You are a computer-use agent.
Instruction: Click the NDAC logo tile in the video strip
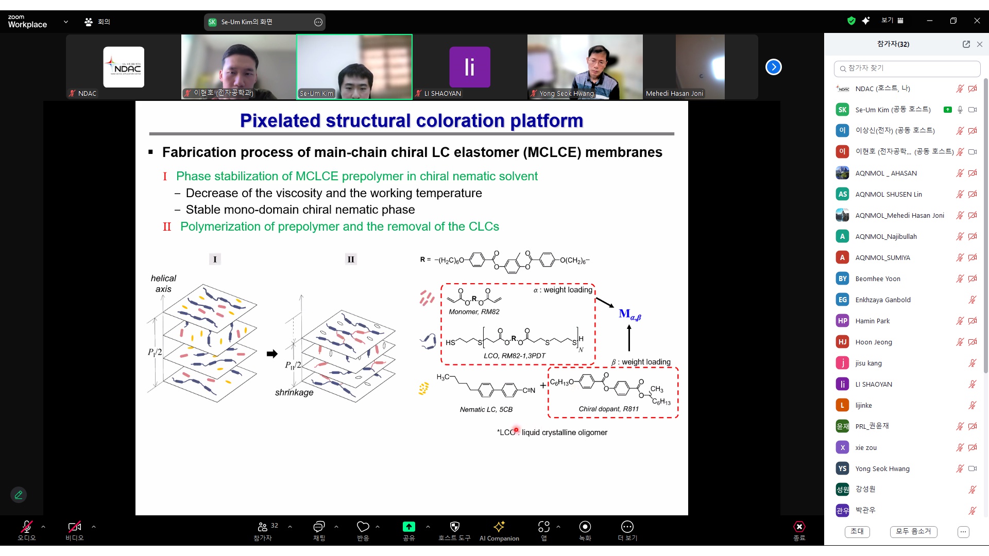(124, 67)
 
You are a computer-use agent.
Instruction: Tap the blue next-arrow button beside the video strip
(773, 67)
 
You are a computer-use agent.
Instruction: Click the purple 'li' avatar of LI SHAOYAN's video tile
(470, 67)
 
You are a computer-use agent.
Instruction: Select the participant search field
(907, 68)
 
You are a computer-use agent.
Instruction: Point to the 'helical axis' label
(163, 284)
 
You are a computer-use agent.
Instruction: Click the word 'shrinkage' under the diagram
(294, 392)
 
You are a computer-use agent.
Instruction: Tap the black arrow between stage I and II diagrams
(272, 354)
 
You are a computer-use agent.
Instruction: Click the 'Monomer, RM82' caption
(474, 312)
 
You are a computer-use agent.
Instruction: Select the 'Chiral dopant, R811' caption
(608, 409)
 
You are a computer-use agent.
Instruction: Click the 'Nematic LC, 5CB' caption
(486, 410)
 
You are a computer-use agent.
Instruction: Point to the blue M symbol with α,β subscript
(629, 314)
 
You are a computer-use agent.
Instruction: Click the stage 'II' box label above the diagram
(351, 259)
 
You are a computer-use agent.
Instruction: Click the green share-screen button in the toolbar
(408, 527)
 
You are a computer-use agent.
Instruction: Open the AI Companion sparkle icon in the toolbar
(499, 526)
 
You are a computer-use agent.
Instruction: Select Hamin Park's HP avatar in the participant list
(842, 321)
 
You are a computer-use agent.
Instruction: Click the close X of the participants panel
(980, 44)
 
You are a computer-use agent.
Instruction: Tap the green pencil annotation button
(19, 495)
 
